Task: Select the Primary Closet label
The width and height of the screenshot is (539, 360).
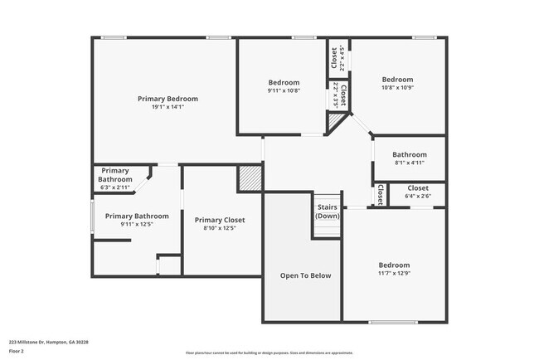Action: (x=220, y=220)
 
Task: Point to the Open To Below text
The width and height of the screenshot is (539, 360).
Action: (x=305, y=275)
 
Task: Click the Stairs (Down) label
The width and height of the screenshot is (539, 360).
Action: (x=328, y=211)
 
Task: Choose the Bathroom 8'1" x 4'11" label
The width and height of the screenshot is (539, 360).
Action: (x=409, y=154)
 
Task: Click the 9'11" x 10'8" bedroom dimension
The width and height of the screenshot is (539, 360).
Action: (x=284, y=90)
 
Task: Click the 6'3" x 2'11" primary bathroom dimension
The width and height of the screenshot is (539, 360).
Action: (x=115, y=188)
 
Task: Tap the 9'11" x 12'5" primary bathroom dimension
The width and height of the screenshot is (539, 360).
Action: (x=137, y=224)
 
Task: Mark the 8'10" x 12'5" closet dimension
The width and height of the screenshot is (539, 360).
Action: (x=220, y=228)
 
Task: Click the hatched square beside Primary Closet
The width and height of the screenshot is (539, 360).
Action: (x=250, y=178)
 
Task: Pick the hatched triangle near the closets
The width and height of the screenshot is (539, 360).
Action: (x=334, y=123)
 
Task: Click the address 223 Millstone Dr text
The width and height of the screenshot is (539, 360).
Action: (x=49, y=341)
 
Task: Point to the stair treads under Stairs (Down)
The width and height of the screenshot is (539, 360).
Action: (x=328, y=226)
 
